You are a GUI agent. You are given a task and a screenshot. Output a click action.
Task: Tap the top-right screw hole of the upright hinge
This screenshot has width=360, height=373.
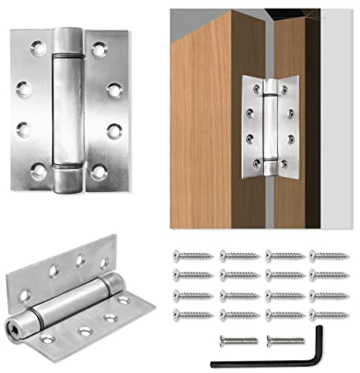point(99,50)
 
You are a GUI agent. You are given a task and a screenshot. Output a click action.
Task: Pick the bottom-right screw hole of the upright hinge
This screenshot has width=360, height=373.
point(99,168)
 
